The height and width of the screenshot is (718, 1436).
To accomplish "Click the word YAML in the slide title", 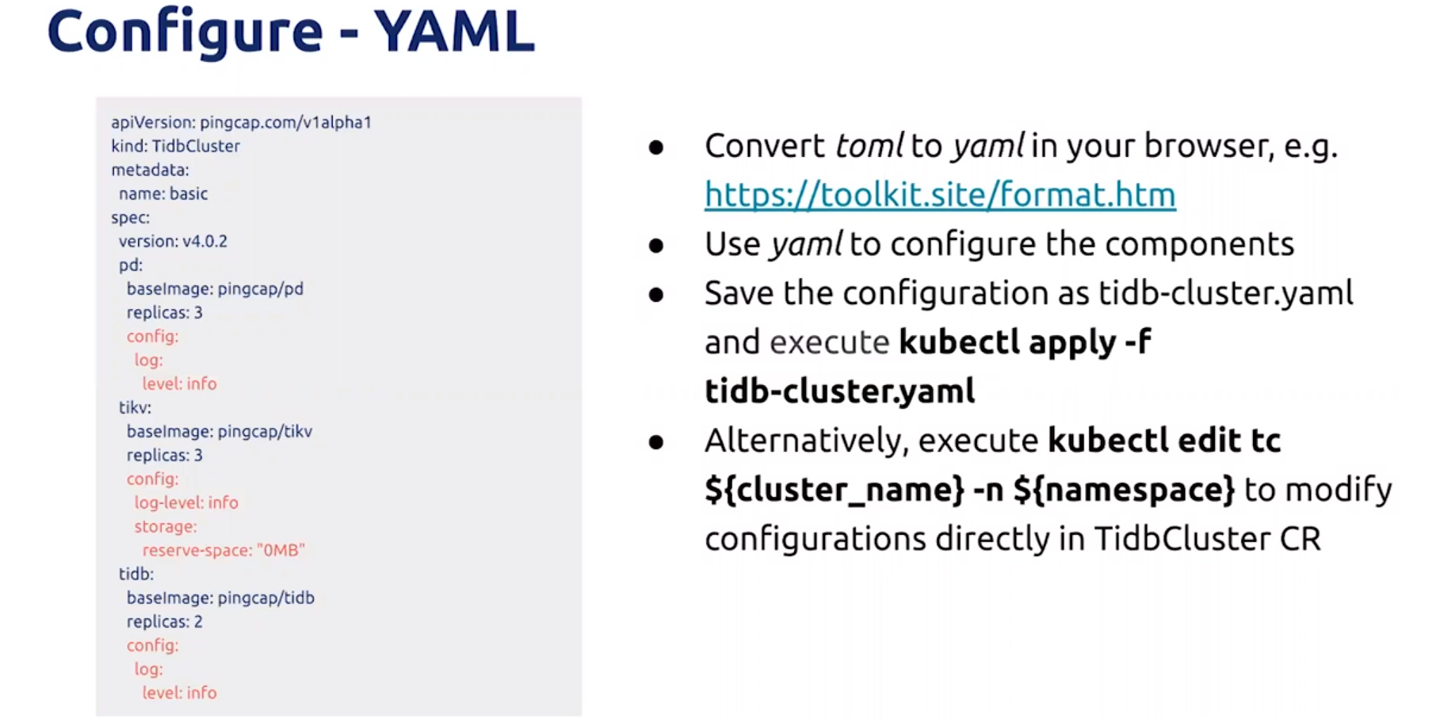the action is click(x=454, y=32).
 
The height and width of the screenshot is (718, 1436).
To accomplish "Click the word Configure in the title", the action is click(x=185, y=34).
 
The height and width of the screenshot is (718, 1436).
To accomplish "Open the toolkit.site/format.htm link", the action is click(x=940, y=195).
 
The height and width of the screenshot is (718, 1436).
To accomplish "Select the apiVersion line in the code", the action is click(x=241, y=122).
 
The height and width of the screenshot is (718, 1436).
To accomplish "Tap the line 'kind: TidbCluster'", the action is click(x=175, y=146).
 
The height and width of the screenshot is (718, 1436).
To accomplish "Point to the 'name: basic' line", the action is click(x=163, y=193).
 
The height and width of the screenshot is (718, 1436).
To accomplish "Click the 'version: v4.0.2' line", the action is click(x=173, y=241).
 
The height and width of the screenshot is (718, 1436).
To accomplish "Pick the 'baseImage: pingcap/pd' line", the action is click(x=215, y=288).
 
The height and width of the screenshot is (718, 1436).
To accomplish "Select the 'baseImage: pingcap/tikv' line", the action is click(x=220, y=431).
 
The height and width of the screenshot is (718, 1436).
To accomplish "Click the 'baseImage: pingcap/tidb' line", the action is click(x=220, y=598).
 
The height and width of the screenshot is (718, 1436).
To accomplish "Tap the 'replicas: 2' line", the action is click(x=165, y=621).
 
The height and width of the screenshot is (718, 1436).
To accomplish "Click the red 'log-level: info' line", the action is click(x=186, y=502).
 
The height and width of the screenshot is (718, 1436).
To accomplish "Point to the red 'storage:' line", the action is click(x=166, y=526).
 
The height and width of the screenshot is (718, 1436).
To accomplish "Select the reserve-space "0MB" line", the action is click(x=223, y=550).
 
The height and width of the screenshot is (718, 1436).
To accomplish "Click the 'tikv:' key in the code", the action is click(x=135, y=407).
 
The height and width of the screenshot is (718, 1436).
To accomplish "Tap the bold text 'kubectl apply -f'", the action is click(x=1025, y=342).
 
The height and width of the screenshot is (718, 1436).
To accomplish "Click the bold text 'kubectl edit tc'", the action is click(x=1164, y=441).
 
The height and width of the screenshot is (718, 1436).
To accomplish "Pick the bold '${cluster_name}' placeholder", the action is click(x=834, y=490).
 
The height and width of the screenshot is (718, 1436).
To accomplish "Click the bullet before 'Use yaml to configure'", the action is click(x=656, y=246).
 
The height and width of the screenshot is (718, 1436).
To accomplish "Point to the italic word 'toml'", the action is click(x=869, y=146).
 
